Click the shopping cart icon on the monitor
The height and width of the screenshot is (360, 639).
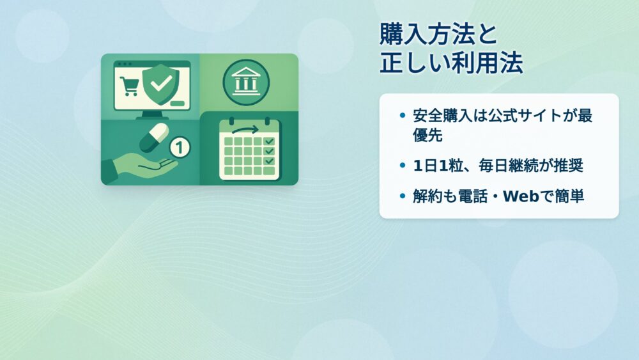(x=130, y=86)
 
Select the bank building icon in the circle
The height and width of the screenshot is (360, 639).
(x=246, y=82)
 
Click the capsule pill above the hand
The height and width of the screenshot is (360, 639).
(x=154, y=138)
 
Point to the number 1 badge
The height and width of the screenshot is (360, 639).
(x=180, y=147)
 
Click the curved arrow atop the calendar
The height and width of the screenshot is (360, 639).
(x=245, y=130)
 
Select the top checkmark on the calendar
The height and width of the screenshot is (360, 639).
(x=270, y=141)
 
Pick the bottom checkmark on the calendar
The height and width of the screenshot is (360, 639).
(x=270, y=161)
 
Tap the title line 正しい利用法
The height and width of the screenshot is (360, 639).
(x=451, y=63)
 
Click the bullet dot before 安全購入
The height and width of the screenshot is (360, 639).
(x=403, y=115)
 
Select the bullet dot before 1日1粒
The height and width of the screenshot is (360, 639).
(x=403, y=166)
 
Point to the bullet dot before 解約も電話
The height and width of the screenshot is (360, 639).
(x=403, y=196)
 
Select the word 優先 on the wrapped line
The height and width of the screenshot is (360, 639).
(x=427, y=135)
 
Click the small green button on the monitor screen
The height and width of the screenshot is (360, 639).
(x=177, y=103)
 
